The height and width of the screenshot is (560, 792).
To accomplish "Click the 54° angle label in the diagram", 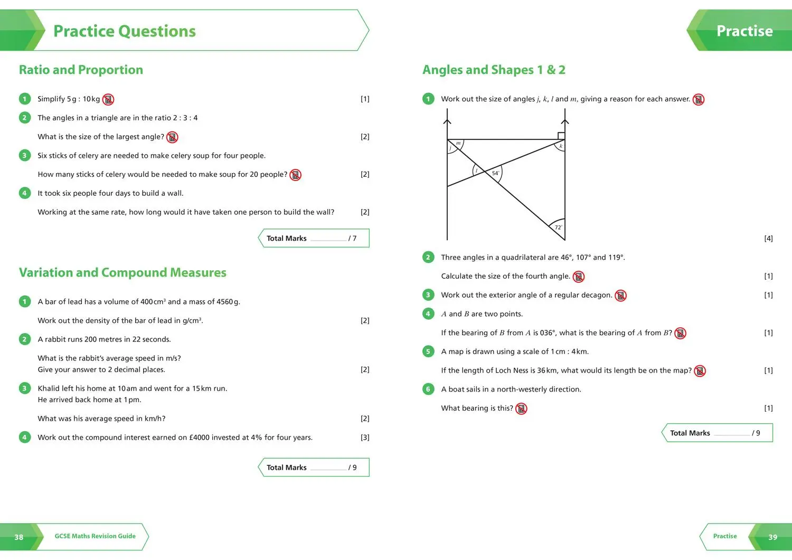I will click(495, 173).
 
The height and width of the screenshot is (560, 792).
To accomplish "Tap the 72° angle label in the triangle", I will click(558, 227).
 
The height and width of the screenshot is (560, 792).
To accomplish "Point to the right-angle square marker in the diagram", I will click(561, 136).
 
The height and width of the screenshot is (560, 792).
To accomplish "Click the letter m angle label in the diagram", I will click(458, 143).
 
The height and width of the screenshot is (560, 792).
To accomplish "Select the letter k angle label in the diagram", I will click(561, 146).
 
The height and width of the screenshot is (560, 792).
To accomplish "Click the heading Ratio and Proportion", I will click(81, 70).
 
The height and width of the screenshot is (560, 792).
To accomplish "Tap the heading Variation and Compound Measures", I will click(122, 272).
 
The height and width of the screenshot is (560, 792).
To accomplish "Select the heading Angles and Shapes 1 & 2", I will click(494, 70).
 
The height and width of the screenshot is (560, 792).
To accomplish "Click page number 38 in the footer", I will click(19, 537).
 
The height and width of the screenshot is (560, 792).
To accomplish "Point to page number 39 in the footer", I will click(772, 537).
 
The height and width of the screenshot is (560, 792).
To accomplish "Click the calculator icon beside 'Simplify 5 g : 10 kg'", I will click(108, 99).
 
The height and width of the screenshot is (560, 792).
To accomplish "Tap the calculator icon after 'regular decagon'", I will click(621, 296).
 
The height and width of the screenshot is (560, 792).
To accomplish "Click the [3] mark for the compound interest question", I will click(365, 438).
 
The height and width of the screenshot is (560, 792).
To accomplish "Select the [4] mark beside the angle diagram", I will click(768, 239).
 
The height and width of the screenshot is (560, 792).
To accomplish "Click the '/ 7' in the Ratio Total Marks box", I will click(352, 239).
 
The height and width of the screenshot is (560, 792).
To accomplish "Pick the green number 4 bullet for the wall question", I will click(24, 193).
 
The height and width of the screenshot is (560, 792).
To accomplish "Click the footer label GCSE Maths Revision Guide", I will click(95, 536).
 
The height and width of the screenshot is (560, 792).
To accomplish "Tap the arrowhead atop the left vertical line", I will click(447, 121).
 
